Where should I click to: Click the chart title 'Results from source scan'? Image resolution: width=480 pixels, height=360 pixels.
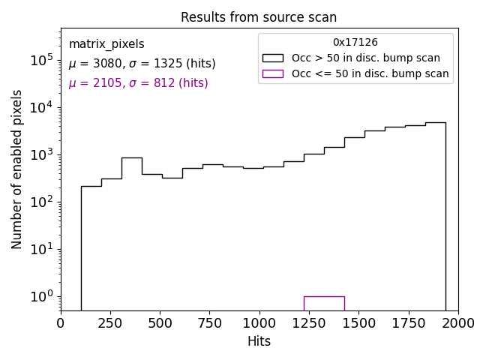point(259,17)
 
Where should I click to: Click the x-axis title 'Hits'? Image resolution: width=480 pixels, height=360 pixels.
point(259,341)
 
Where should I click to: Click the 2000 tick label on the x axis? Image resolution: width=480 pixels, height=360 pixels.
point(457,322)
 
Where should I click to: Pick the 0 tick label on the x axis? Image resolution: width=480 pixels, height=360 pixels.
point(61,322)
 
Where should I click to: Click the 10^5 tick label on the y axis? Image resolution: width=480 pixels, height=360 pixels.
point(40,60)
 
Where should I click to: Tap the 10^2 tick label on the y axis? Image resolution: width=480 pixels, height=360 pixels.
point(40,202)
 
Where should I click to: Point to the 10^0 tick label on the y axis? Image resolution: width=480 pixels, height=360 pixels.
point(40,296)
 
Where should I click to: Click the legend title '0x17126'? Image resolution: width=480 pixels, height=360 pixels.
point(355,43)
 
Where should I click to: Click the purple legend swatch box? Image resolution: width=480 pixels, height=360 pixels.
point(272,73)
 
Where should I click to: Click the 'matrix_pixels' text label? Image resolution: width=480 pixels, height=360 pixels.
point(106,44)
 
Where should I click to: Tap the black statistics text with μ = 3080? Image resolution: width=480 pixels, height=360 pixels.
point(142,64)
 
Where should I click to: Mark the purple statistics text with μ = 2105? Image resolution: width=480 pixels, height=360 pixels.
point(138,83)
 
